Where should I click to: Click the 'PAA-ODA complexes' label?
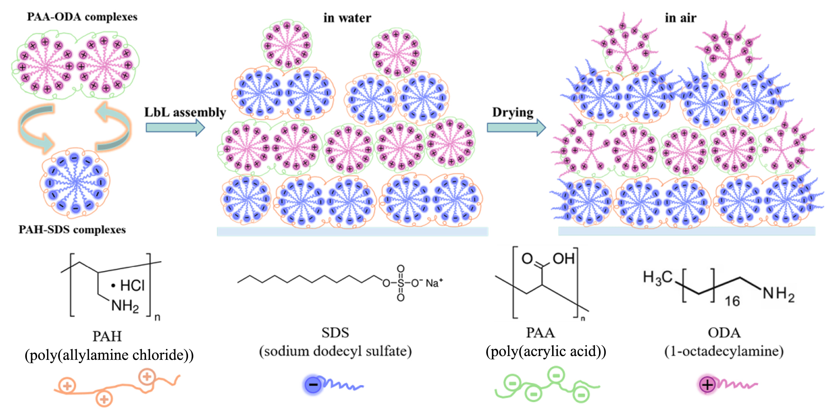tap(82, 17)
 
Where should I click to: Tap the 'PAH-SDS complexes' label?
tap(72, 230)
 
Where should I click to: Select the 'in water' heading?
tap(347, 18)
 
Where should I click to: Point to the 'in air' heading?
tap(681, 18)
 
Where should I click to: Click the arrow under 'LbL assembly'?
tap(175, 128)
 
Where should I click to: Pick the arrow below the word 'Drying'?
tap(516, 128)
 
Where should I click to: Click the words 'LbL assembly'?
tap(185, 113)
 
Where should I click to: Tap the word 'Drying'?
tap(513, 113)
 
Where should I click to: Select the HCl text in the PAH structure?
tap(132, 285)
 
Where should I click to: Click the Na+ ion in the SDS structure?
tap(434, 283)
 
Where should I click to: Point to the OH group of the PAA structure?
tap(564, 259)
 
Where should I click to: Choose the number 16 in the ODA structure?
tap(732, 301)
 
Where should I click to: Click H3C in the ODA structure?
tap(657, 278)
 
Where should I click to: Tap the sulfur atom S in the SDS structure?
tap(400, 283)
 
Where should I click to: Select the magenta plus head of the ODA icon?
tap(707, 385)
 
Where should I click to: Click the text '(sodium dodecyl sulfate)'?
tap(335, 351)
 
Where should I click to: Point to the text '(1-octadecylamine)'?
tap(724, 351)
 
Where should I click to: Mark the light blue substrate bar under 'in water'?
tap(352, 231)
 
